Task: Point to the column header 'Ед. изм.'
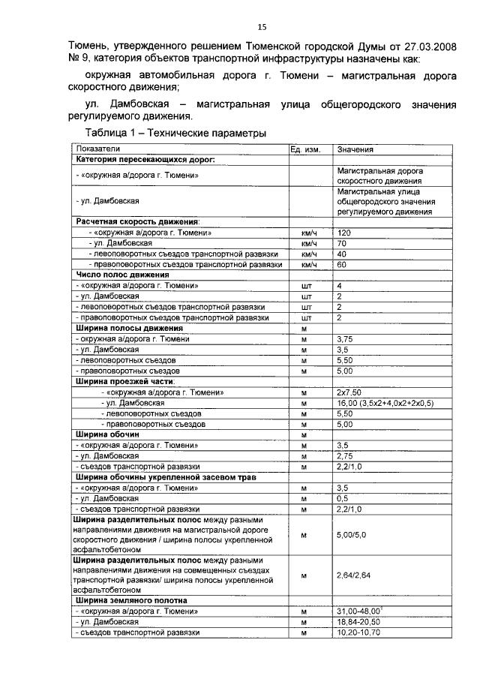305,150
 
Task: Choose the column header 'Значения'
356,150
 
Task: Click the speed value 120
344,233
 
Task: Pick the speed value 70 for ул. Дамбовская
342,244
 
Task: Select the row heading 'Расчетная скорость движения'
136,222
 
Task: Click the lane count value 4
339,286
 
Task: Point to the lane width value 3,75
345,339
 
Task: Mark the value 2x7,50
349,392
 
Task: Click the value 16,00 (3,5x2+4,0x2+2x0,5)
385,403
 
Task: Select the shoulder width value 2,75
345,455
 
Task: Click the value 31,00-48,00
358,611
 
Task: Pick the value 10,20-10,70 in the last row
358,632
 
